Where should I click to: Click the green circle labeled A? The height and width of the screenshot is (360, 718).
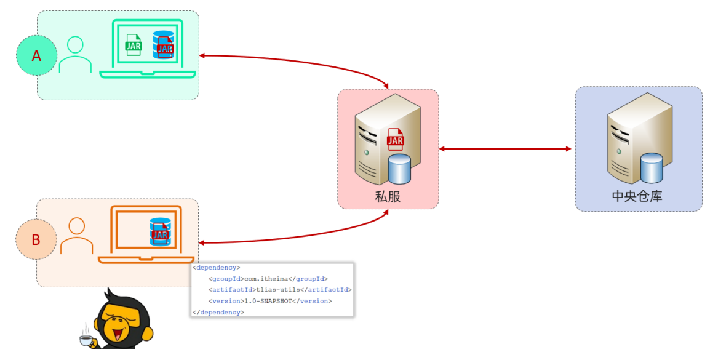click(36, 56)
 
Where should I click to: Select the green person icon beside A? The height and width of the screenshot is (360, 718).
click(75, 54)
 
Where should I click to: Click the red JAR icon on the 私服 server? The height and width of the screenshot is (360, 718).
click(395, 140)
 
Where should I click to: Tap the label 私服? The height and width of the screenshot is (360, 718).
click(388, 197)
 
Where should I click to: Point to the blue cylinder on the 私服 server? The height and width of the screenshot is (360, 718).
click(399, 169)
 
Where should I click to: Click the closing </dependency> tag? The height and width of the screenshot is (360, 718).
click(218, 312)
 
